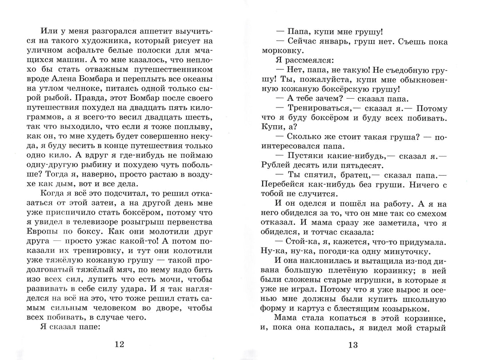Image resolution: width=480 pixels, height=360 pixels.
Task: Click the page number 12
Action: click(x=120, y=344)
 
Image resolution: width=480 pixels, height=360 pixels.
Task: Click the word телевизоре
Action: click(x=99, y=222)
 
